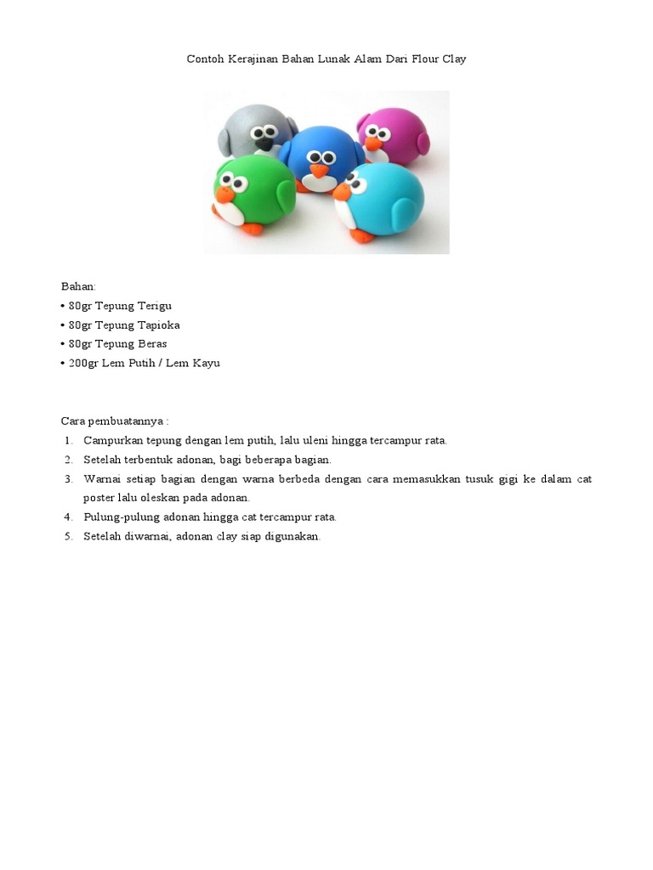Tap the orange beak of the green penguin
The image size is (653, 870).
(x=224, y=197)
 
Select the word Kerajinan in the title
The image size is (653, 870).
(x=252, y=59)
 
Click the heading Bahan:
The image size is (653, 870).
(x=78, y=286)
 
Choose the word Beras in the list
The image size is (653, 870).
(x=150, y=344)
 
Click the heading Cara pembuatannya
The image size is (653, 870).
(x=114, y=421)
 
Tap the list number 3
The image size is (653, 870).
(x=67, y=479)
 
